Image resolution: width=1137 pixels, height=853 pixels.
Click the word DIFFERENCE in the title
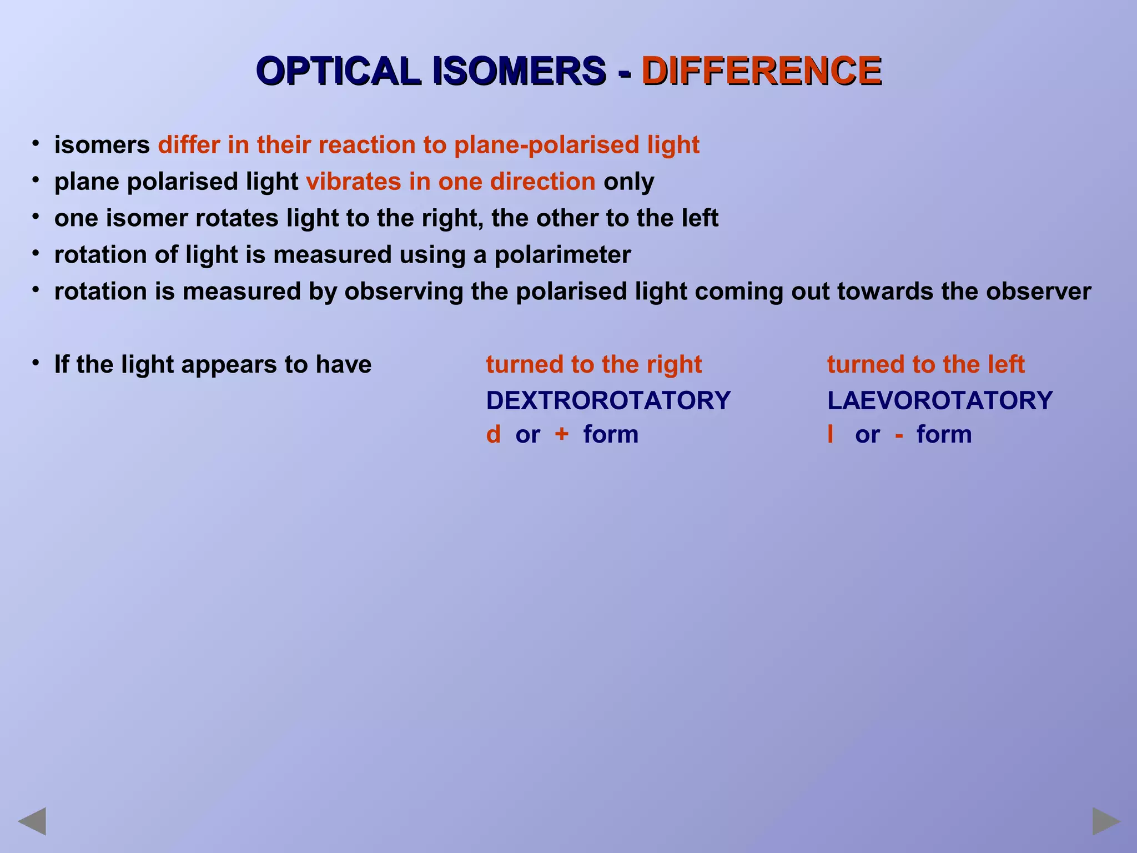click(761, 71)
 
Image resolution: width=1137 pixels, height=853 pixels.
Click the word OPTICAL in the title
click(339, 71)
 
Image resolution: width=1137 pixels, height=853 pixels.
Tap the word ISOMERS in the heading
click(519, 71)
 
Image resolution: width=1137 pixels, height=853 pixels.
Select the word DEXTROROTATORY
click(608, 400)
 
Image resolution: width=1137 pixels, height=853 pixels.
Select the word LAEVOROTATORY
click(939, 400)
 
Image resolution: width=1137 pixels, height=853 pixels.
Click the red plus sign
click(561, 434)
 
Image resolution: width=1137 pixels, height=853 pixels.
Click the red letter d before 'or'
click(493, 434)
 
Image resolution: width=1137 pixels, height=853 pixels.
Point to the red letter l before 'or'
click(830, 434)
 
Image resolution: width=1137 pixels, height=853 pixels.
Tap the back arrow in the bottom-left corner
click(32, 821)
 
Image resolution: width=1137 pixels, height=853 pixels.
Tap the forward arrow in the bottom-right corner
click(1106, 821)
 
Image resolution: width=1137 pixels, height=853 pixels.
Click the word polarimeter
click(562, 255)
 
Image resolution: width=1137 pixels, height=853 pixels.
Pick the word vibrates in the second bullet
click(353, 182)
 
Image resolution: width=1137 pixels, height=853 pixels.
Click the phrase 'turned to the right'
click(593, 364)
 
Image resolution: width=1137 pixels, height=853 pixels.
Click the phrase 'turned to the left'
click(925, 364)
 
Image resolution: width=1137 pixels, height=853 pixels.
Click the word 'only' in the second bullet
click(628, 182)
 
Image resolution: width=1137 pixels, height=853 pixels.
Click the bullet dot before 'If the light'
click(36, 363)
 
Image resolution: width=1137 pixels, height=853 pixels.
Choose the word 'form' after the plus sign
click(611, 434)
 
